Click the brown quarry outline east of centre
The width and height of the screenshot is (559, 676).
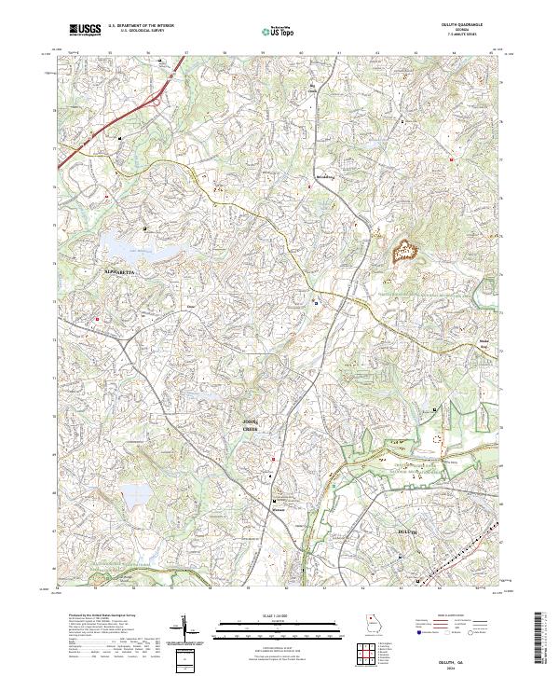[407, 251]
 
